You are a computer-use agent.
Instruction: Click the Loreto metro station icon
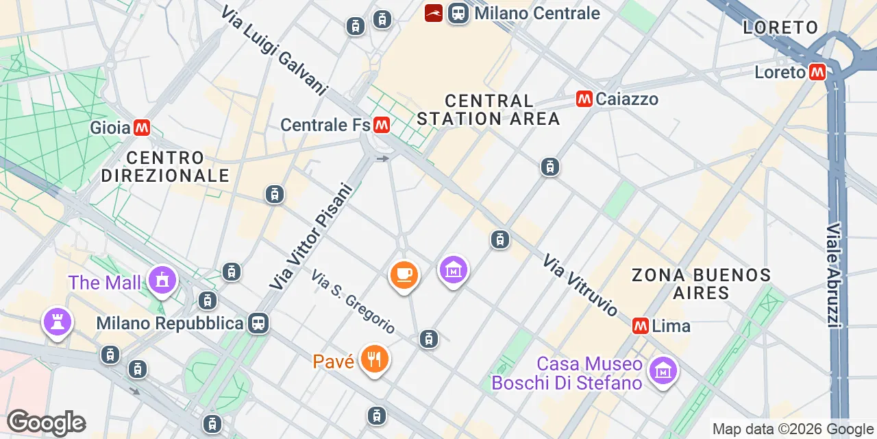pyautogui.click(x=817, y=72)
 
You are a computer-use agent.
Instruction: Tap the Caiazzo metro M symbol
pyautogui.click(x=584, y=99)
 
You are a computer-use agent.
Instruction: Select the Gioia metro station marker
pyautogui.click(x=142, y=128)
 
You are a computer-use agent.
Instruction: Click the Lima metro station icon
pyautogui.click(x=641, y=326)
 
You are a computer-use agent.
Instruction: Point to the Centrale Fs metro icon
pyautogui.click(x=382, y=125)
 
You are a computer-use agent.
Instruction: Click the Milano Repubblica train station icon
pyautogui.click(x=258, y=322)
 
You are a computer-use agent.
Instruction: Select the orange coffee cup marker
pyautogui.click(x=404, y=274)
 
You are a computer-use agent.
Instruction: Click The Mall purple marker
pyautogui.click(x=162, y=280)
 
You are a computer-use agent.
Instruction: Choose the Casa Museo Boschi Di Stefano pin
pyautogui.click(x=663, y=370)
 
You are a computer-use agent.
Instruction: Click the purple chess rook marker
pyautogui.click(x=56, y=321)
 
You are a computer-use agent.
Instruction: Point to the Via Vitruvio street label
pyautogui.click(x=580, y=285)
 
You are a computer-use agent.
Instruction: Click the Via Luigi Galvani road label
pyautogui.click(x=274, y=51)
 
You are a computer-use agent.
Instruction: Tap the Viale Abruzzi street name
pyautogui.click(x=834, y=274)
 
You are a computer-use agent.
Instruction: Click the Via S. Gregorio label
pyautogui.click(x=353, y=302)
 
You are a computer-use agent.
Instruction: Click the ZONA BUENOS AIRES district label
pyautogui.click(x=701, y=284)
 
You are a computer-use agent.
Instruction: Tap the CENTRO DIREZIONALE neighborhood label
pyautogui.click(x=165, y=167)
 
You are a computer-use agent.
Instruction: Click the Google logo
pyautogui.click(x=46, y=423)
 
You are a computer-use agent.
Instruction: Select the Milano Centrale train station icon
pyautogui.click(x=458, y=13)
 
